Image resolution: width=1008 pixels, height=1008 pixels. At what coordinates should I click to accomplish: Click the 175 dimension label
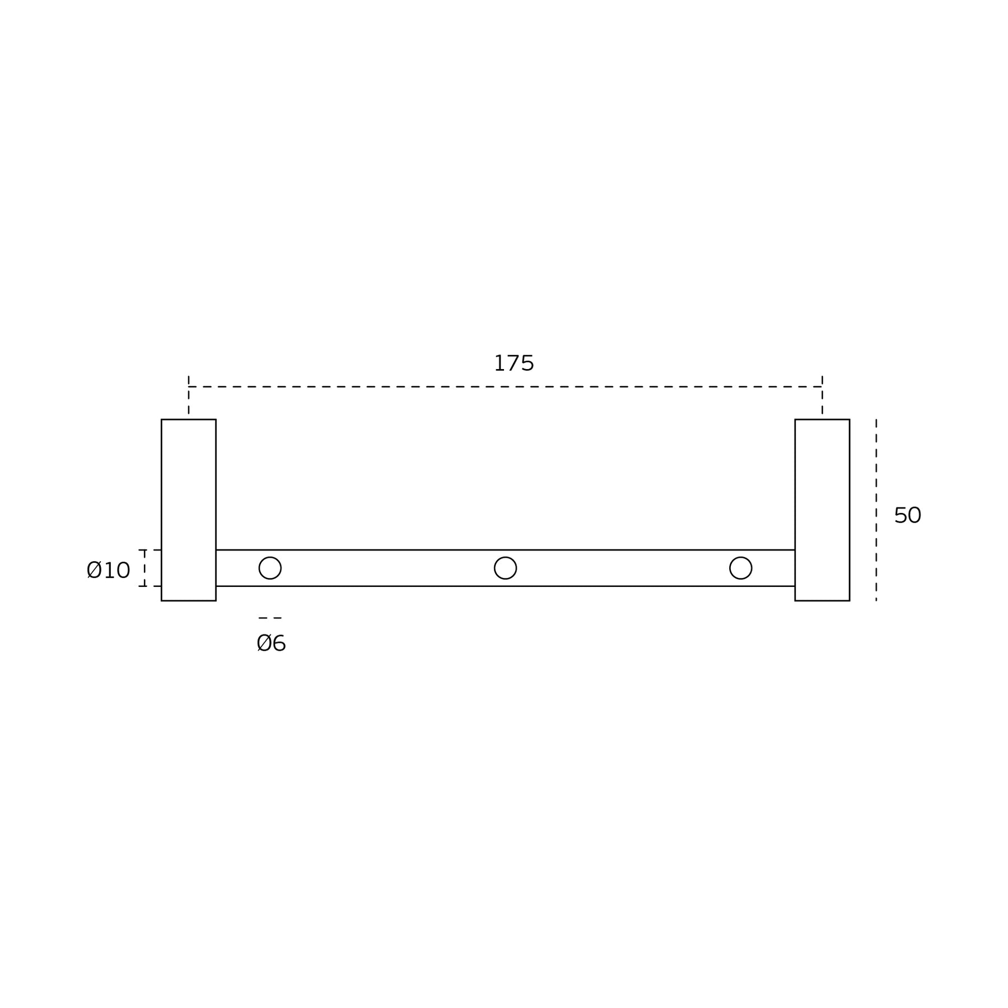514,363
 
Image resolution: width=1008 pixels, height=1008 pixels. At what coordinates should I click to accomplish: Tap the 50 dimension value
907,515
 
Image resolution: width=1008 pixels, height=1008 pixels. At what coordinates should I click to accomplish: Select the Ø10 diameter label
109,570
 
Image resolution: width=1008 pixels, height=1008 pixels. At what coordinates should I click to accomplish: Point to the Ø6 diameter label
271,643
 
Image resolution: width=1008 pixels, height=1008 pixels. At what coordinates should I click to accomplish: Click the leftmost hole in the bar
270,557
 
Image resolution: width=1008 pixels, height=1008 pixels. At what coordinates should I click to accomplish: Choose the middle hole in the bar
505,557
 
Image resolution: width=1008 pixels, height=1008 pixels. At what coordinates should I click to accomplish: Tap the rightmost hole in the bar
740,557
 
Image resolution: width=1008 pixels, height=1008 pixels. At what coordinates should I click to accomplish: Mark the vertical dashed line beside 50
876,510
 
